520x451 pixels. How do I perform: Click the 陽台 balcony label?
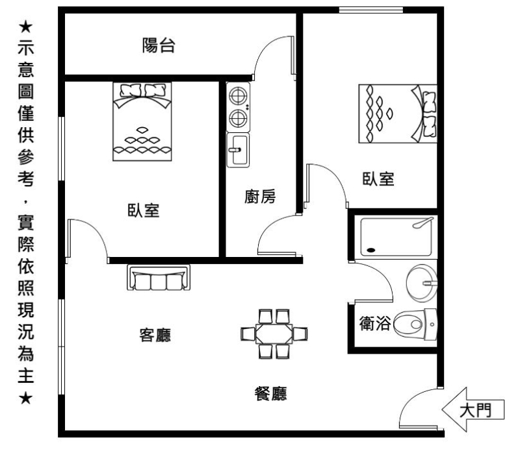[159, 45]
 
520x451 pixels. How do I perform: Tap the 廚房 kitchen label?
[260, 197]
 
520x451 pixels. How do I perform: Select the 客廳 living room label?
[155, 335]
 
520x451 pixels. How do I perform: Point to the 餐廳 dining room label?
[270, 394]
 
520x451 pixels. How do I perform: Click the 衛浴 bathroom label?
[375, 323]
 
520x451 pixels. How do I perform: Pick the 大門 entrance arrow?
[473, 409]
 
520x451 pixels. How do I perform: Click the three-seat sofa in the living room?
[159, 278]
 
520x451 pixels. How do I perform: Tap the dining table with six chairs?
[274, 334]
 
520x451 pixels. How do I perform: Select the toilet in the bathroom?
[415, 324]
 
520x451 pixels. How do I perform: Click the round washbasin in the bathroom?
[422, 283]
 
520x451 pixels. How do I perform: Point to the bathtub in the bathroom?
[396, 236]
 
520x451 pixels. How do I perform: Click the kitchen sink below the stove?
[238, 150]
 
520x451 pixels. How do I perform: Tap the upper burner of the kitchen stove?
[238, 96]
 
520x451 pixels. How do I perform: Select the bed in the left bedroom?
[142, 121]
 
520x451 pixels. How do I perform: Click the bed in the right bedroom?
[398, 114]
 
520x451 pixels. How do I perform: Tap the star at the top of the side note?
[25, 27]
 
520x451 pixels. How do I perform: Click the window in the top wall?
[370, 10]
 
